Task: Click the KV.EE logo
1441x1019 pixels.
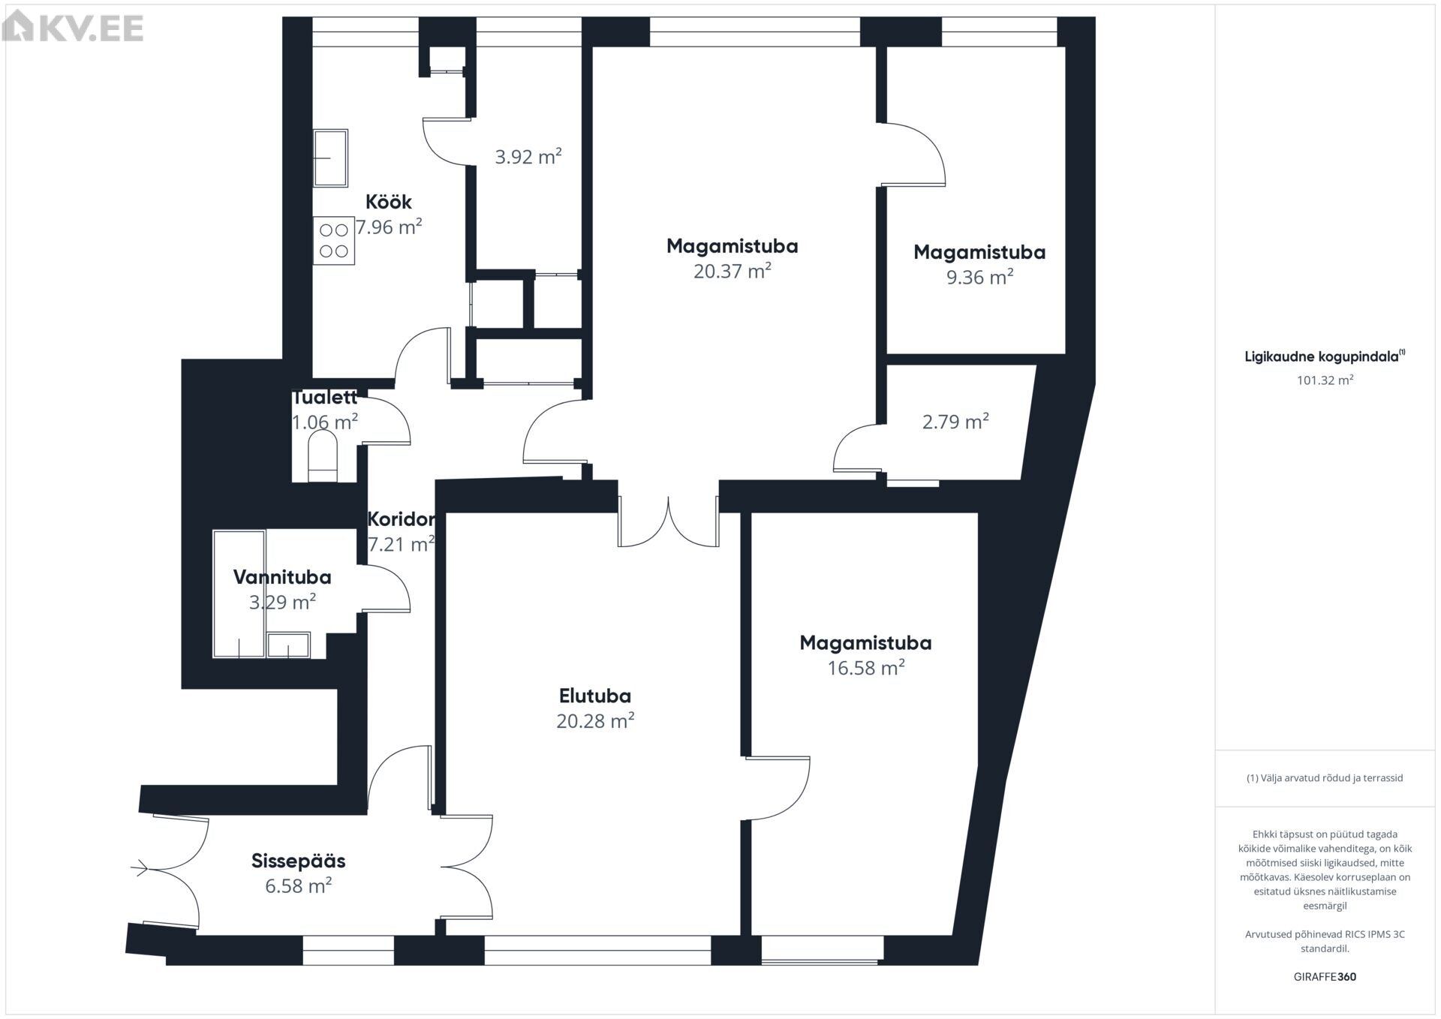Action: tap(73, 28)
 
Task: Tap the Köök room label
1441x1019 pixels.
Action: tap(388, 202)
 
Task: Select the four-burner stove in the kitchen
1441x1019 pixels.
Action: tap(334, 240)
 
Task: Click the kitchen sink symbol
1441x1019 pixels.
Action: tap(330, 158)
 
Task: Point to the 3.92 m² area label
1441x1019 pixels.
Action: tap(528, 156)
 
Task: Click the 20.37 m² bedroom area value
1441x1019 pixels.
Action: tap(733, 271)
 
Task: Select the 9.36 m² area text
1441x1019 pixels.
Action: tap(979, 277)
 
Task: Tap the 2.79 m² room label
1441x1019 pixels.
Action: tap(955, 422)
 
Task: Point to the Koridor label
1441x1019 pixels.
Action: tap(401, 519)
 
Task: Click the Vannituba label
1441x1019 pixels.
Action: tap(282, 577)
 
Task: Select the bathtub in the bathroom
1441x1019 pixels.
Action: tap(239, 594)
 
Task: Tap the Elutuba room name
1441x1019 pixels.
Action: tap(595, 696)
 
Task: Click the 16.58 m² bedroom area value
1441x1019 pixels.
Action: tap(866, 668)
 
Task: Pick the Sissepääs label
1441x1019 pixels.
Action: tap(299, 861)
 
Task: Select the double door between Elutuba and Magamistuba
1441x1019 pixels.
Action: tap(668, 521)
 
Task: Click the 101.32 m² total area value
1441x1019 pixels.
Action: tap(1325, 380)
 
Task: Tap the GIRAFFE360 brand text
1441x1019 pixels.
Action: tap(1325, 977)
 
